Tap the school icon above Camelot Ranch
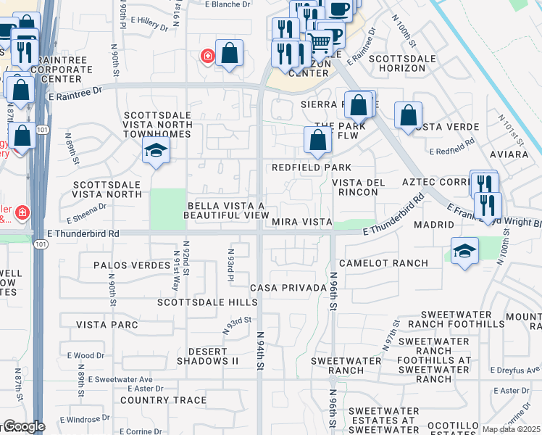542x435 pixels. point(464,250)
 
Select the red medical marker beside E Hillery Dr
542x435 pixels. point(208,57)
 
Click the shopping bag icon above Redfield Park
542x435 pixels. point(317,140)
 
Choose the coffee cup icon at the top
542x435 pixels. point(338,9)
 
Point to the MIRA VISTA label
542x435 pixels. point(302,222)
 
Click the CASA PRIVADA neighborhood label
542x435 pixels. point(288,288)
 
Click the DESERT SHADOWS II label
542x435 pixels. point(208,355)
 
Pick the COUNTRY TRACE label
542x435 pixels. point(164,399)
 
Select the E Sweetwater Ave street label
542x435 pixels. point(120,379)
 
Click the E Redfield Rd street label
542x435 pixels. point(451,152)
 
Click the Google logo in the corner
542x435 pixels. point(23,426)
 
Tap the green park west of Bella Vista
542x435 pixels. point(167,209)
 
